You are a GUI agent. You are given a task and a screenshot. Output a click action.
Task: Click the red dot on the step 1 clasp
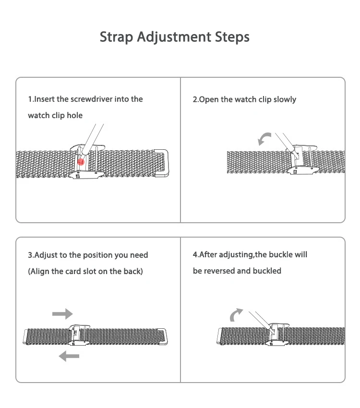[x=81, y=162]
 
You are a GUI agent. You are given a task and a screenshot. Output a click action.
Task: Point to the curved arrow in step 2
[x=264, y=139]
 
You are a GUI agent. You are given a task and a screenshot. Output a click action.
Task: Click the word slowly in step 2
[x=285, y=100]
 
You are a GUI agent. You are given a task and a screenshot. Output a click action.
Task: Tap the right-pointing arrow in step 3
[x=62, y=314]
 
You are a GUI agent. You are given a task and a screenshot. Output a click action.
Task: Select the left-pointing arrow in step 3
[x=69, y=356]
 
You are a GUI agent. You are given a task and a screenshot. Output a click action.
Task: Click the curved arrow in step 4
[x=236, y=315]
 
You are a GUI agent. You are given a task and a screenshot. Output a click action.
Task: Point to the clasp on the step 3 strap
[x=79, y=335]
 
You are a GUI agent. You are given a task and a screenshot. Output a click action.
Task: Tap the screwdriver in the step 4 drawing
[x=262, y=319]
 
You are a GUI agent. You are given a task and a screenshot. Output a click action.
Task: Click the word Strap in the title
[x=117, y=37]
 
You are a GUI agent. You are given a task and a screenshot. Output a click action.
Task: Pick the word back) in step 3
[x=133, y=272]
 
